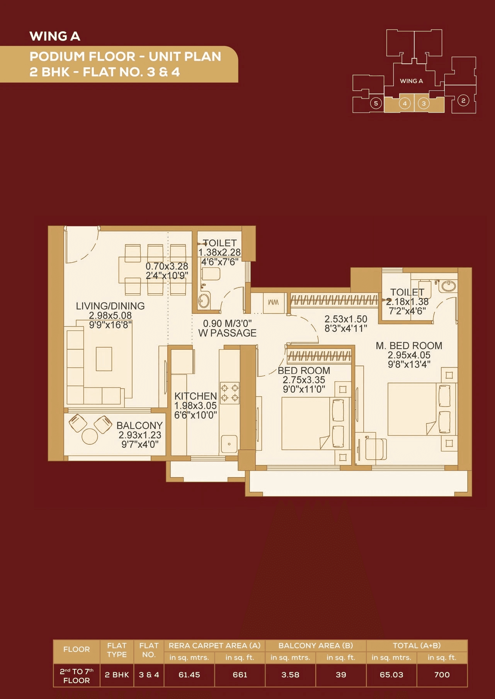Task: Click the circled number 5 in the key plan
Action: (376, 103)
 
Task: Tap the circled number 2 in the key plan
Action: (463, 101)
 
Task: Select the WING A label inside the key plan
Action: (411, 81)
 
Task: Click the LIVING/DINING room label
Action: (110, 306)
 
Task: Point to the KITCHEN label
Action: (195, 396)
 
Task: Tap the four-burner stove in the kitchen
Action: (230, 393)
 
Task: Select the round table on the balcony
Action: (90, 437)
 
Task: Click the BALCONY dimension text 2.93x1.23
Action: (140, 435)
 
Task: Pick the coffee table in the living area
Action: (104, 359)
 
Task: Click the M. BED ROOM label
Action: (409, 346)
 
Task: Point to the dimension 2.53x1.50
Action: (345, 319)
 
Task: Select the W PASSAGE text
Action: (227, 333)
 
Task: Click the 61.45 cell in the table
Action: (189, 675)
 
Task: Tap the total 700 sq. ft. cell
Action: (442, 675)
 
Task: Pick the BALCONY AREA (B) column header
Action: (315, 646)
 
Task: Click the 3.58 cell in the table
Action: (290, 675)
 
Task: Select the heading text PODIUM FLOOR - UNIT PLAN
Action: (126, 57)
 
